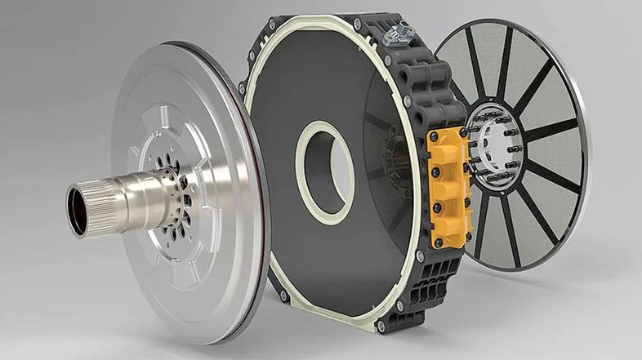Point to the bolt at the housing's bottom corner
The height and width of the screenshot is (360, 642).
(x=381, y=326)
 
